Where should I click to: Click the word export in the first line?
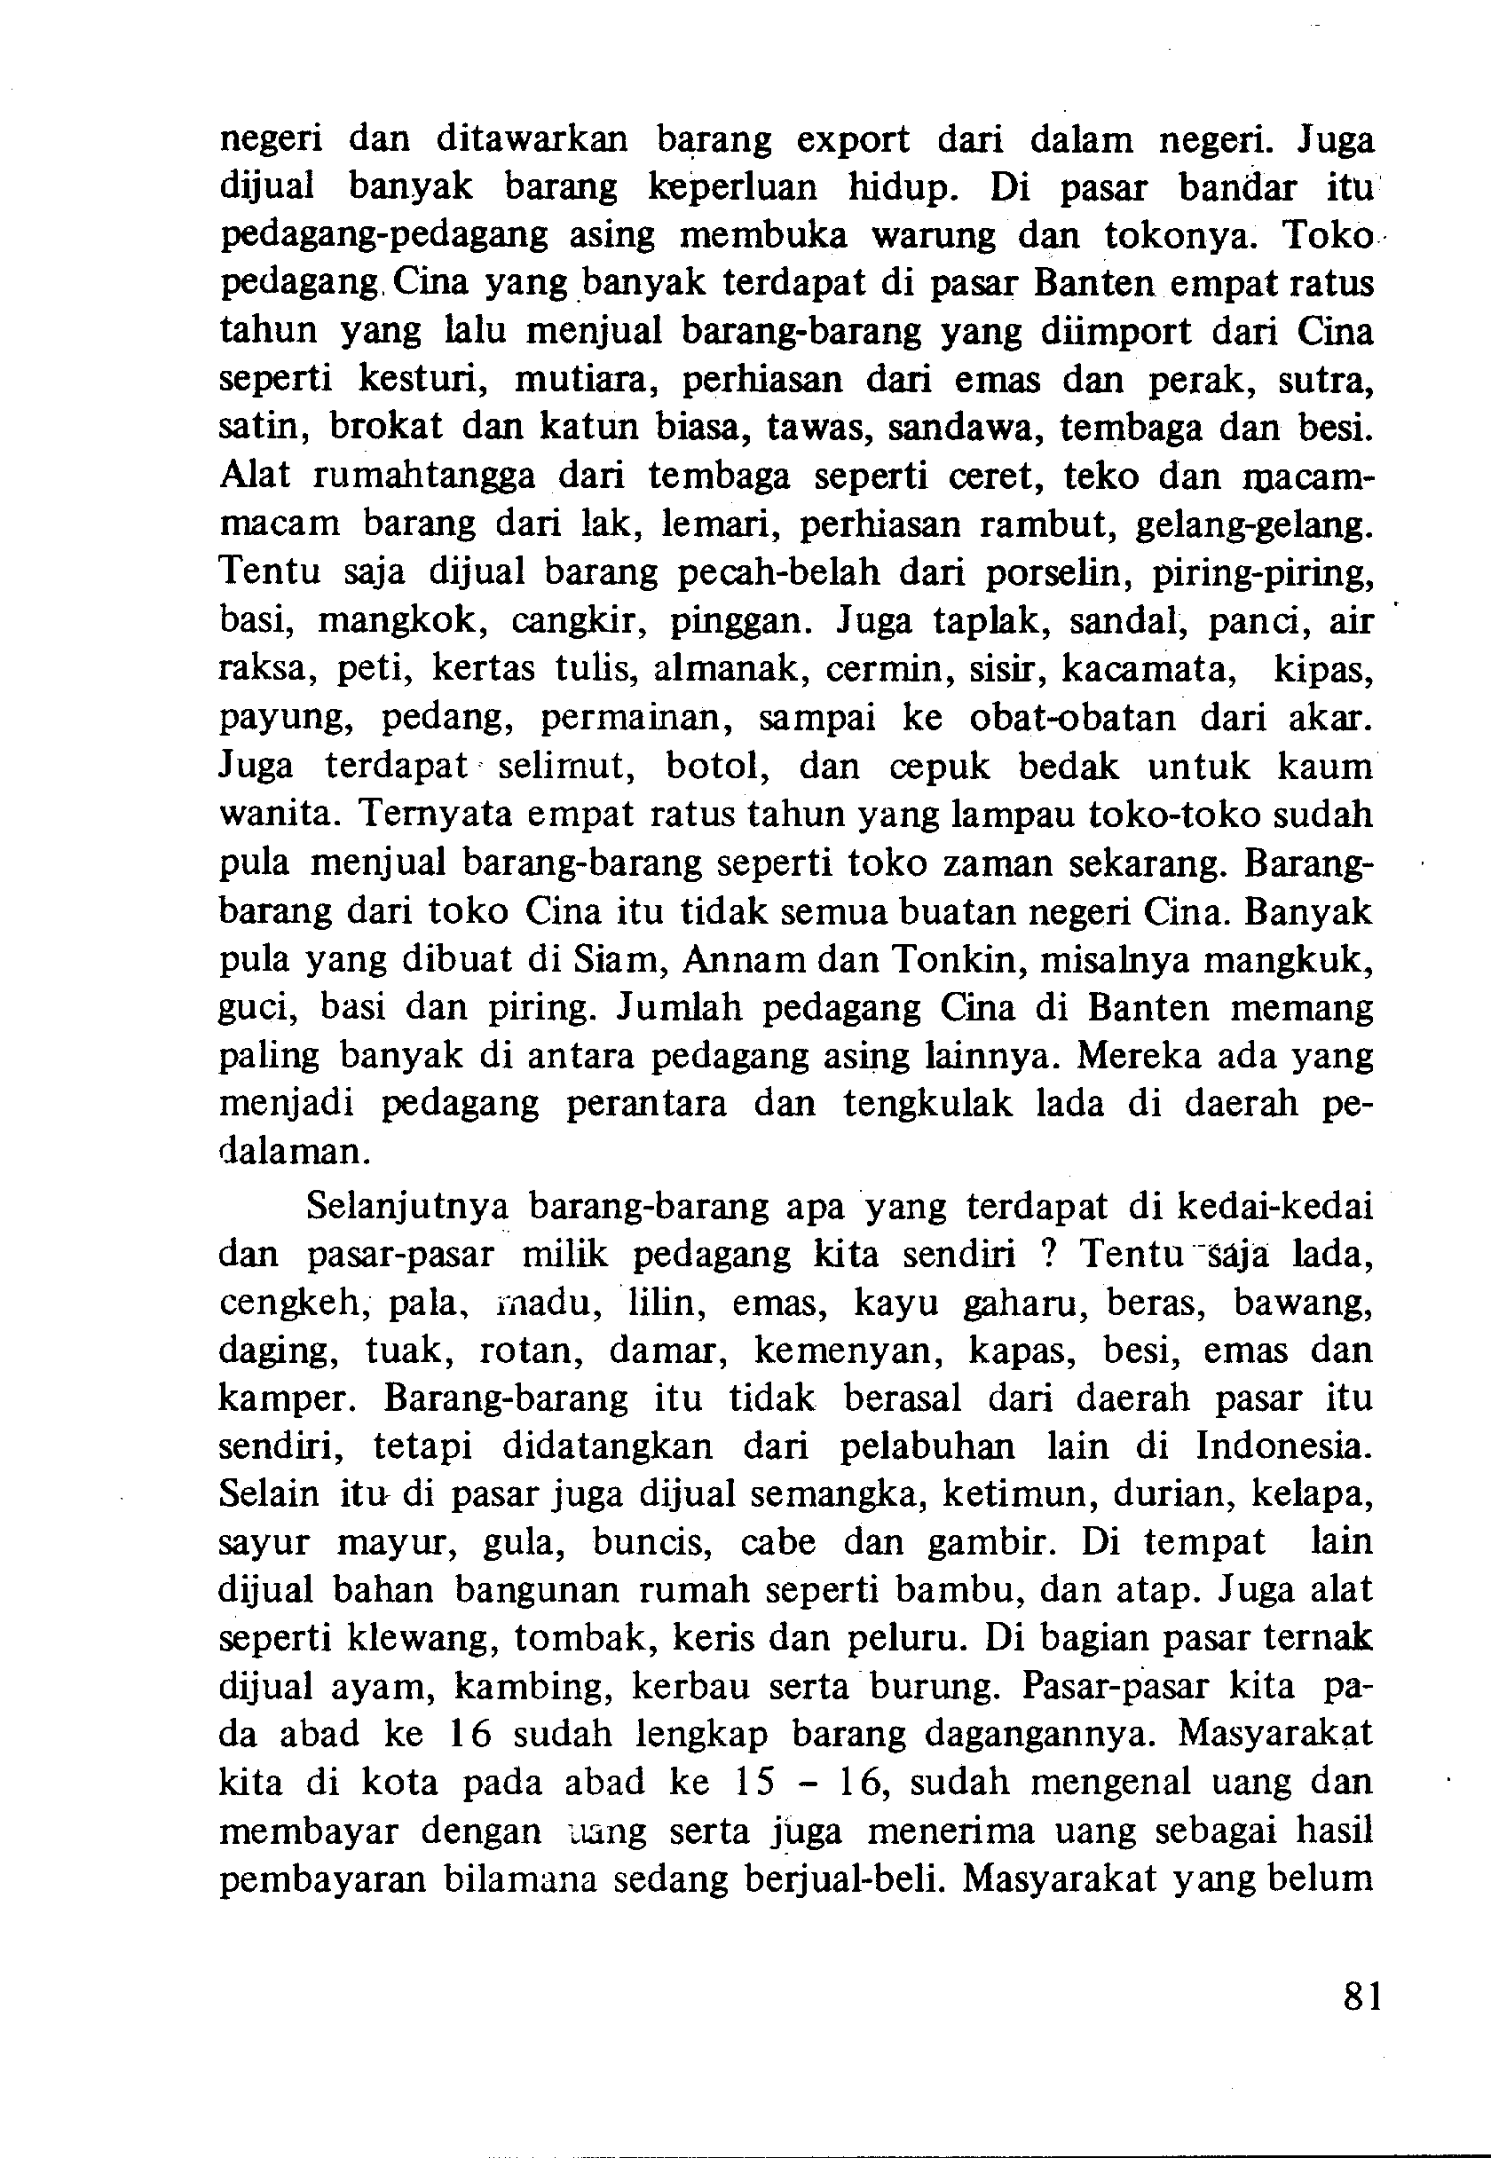click(852, 140)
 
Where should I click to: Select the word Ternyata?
click(430, 815)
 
